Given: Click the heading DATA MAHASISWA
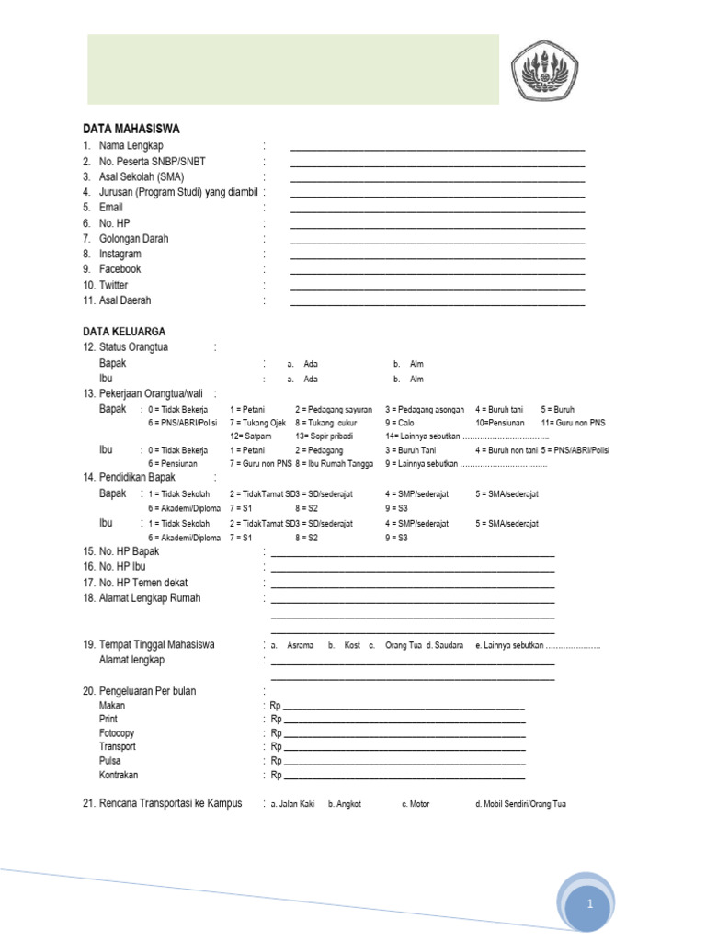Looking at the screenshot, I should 131,129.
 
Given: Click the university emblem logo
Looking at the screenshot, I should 552,74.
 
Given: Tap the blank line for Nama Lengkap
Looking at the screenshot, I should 438,148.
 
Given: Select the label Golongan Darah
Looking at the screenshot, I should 133,238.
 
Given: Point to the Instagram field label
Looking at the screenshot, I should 120,254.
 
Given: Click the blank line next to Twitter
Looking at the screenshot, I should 438,288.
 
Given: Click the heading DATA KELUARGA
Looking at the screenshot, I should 124,331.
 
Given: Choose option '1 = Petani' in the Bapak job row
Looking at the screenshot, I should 247,409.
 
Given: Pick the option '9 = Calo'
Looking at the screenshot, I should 400,423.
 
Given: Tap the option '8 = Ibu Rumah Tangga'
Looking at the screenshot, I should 335,464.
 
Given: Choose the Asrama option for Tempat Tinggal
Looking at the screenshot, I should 300,646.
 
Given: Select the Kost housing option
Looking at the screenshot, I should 352,646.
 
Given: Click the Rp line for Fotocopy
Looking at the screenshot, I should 404,735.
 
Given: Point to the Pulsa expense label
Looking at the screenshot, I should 110,761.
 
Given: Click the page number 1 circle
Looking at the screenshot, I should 591,904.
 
